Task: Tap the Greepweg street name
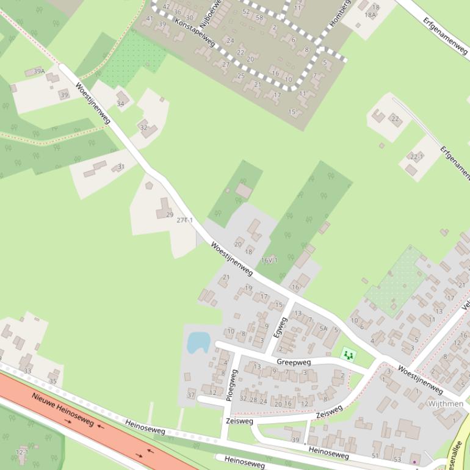point(294,361)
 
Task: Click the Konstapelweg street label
point(195,31)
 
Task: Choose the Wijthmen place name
point(446,403)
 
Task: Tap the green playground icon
point(348,354)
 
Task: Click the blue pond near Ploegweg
point(198,342)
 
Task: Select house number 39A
point(39,71)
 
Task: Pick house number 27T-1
point(184,220)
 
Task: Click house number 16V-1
point(269,260)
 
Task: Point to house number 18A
point(370,15)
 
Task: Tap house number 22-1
point(417,156)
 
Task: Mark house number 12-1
point(22,452)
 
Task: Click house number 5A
point(324,328)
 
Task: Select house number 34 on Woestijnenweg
point(120,104)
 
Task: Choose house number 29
point(170,215)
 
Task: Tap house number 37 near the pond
point(191,395)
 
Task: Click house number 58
point(259,17)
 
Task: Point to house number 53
point(398,459)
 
